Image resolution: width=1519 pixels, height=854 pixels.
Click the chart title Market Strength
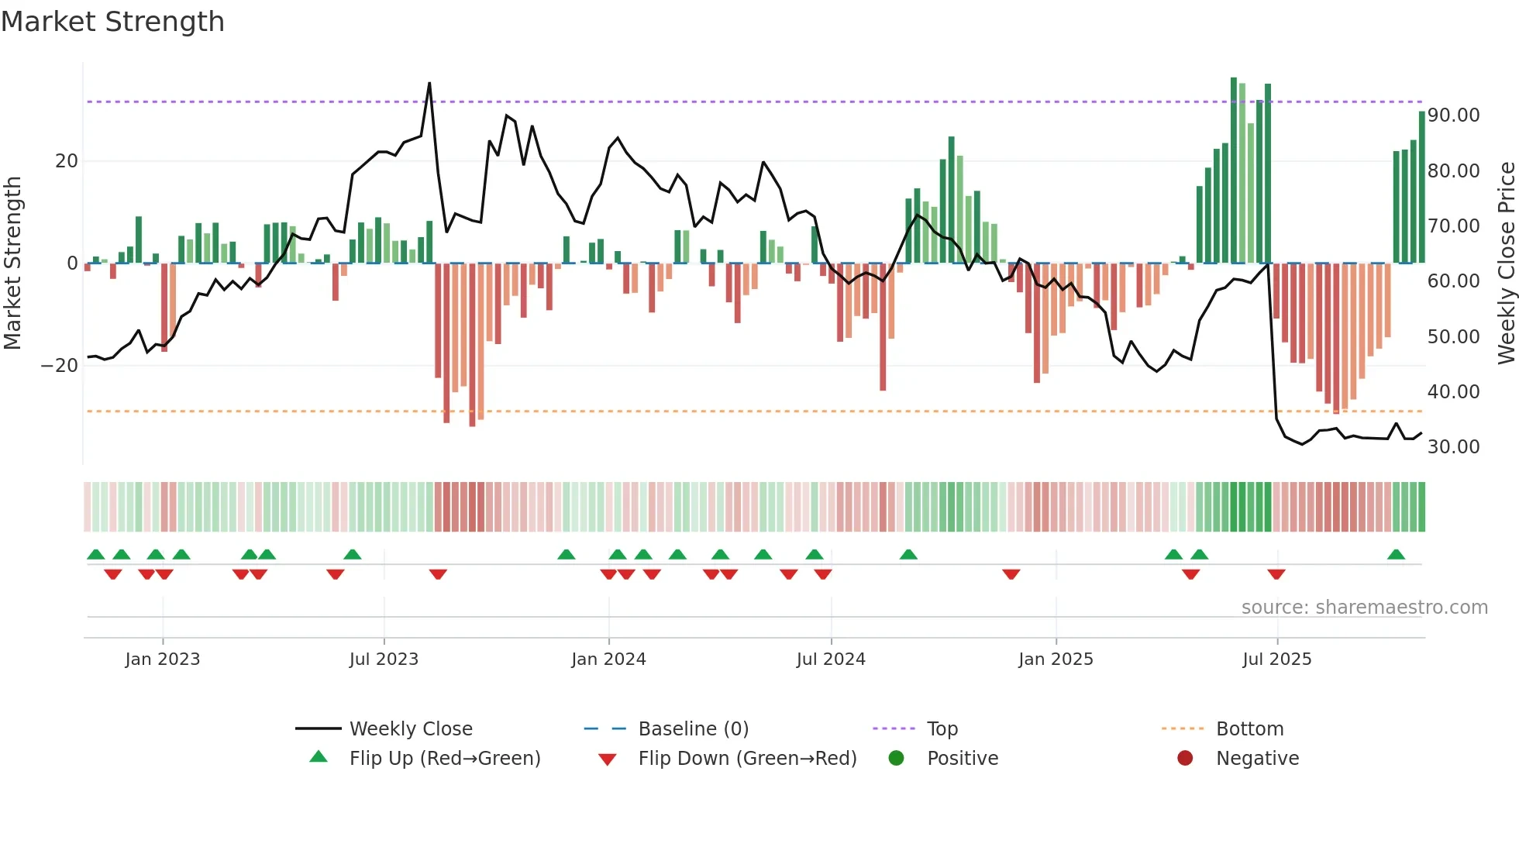pyautogui.click(x=112, y=22)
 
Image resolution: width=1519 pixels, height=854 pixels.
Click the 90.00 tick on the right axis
pyautogui.click(x=1453, y=115)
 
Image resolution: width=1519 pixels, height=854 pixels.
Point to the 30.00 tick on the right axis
pyautogui.click(x=1453, y=447)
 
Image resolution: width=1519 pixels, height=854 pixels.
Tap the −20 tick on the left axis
pyautogui.click(x=60, y=366)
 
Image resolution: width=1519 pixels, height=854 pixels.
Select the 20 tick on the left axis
pyautogui.click(x=67, y=161)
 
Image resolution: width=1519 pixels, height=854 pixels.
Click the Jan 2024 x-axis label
pyautogui.click(x=608, y=659)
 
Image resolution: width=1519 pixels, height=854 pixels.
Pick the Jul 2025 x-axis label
pyautogui.click(x=1276, y=659)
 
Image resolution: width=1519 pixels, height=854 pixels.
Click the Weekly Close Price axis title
pyautogui.click(x=1506, y=263)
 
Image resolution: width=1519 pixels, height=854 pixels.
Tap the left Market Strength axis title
pyautogui.click(x=13, y=263)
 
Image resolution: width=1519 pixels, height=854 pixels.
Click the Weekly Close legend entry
pyautogui.click(x=411, y=729)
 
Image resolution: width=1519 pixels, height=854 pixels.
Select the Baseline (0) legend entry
pyautogui.click(x=693, y=729)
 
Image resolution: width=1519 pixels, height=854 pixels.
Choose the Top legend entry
pyautogui.click(x=942, y=729)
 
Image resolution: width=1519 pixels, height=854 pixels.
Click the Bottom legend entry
pyautogui.click(x=1249, y=729)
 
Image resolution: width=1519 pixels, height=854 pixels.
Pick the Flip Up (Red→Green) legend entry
pyautogui.click(x=445, y=759)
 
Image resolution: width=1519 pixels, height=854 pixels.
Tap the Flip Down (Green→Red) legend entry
pyautogui.click(x=747, y=759)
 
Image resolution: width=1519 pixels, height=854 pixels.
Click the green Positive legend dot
pyautogui.click(x=897, y=759)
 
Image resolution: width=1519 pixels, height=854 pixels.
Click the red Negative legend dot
pyautogui.click(x=1185, y=759)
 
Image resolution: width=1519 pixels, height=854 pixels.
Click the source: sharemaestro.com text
pyautogui.click(x=1364, y=608)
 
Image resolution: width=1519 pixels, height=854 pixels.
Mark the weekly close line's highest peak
pyautogui.click(x=429, y=83)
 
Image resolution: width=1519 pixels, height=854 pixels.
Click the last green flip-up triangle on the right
pyautogui.click(x=1396, y=555)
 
